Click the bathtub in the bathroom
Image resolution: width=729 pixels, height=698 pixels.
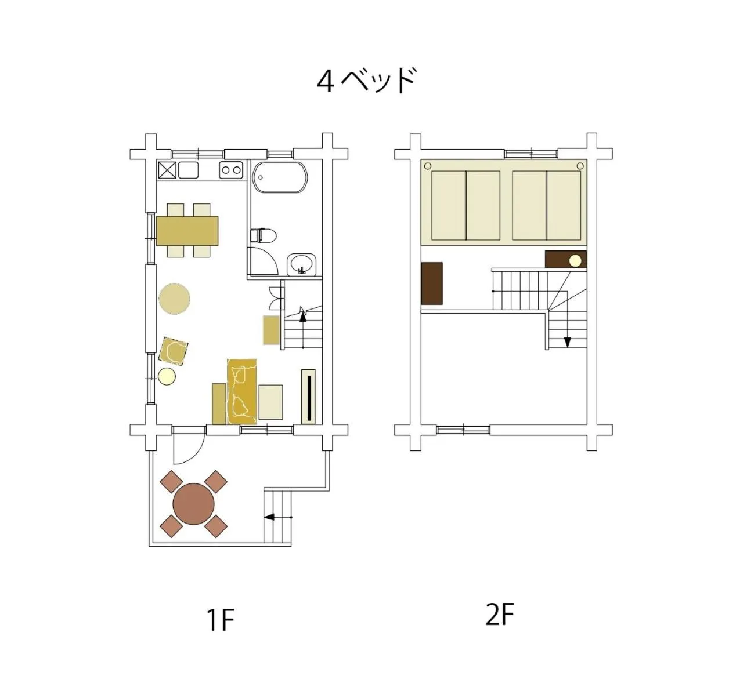coord(280,177)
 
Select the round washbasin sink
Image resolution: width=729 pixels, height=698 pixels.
coord(301,263)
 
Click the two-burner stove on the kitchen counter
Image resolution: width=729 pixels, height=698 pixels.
coord(231,170)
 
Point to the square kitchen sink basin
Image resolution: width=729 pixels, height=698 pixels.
coord(188,170)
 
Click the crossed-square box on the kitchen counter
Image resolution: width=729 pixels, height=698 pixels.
coord(167,170)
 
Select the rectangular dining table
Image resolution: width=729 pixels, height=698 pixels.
coord(187,231)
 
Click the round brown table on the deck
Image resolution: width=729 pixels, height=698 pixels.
coord(194,504)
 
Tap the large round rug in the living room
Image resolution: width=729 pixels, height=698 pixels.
coord(174,299)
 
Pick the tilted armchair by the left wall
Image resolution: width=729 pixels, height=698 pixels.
coord(173,351)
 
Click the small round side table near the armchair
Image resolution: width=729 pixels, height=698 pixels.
coord(167,376)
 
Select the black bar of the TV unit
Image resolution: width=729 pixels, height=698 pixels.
coord(309,398)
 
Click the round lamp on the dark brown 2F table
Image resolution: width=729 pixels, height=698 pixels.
coord(575,260)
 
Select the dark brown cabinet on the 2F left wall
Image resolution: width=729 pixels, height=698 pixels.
coord(432,283)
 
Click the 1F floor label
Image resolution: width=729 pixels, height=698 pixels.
coord(221,620)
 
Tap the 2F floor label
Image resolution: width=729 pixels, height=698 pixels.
coord(499,616)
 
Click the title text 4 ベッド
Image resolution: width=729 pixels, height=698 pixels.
coord(366,81)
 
